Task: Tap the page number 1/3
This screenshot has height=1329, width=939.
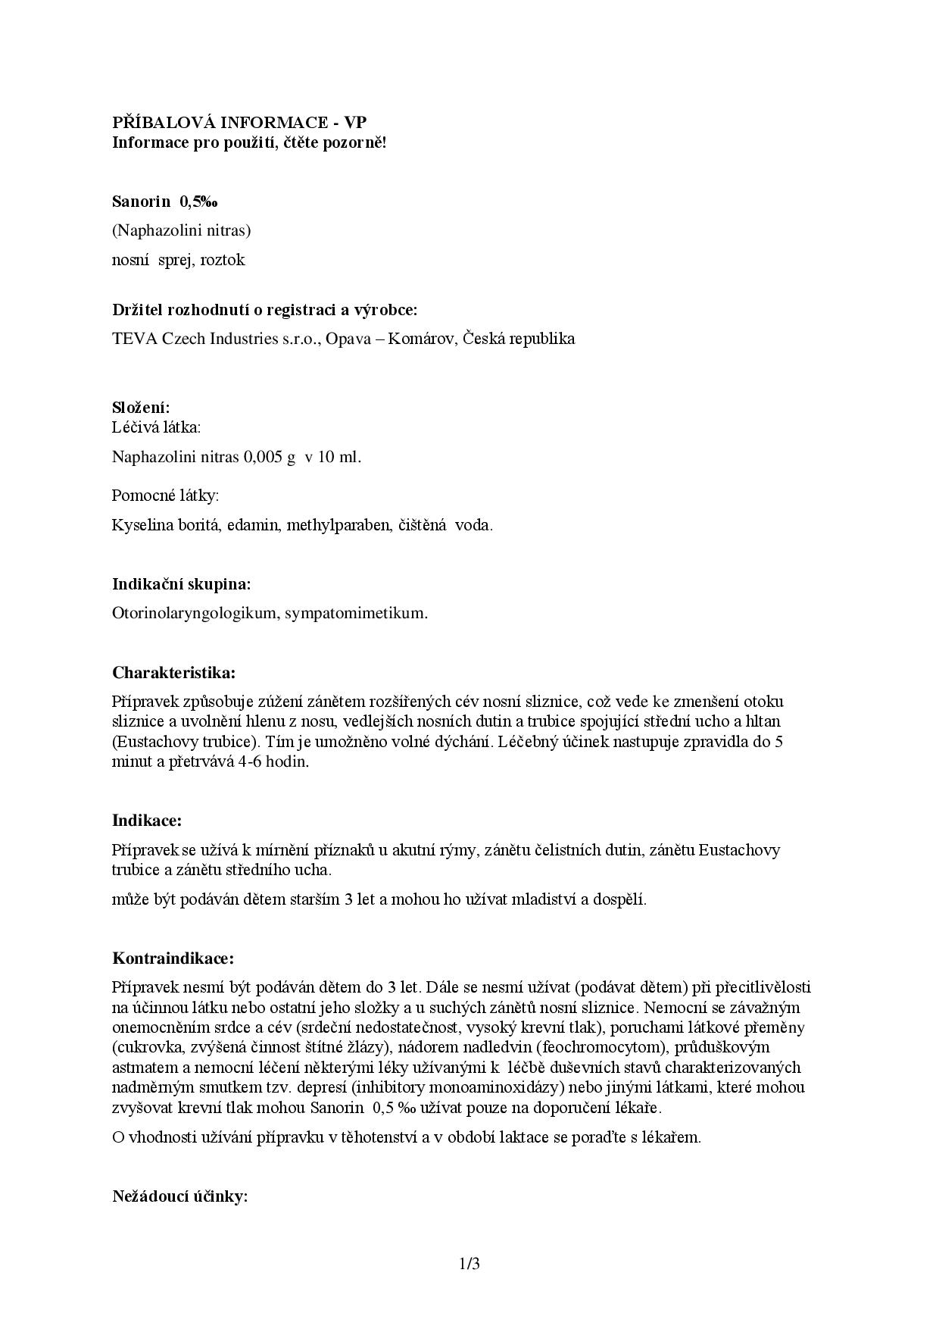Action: [469, 1264]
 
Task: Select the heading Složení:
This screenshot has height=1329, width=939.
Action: [141, 408]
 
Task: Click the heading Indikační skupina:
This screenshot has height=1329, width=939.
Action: [182, 584]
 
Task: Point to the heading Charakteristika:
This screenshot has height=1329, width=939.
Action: [174, 673]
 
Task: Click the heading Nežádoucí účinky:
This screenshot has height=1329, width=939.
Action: [180, 1197]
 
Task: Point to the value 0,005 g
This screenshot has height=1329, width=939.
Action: [269, 457]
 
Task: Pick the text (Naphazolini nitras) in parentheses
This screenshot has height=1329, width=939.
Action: [181, 230]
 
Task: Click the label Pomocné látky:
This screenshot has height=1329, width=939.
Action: [165, 496]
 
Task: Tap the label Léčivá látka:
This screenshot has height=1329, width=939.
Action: [157, 427]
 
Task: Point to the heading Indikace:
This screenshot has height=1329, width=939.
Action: [147, 821]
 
